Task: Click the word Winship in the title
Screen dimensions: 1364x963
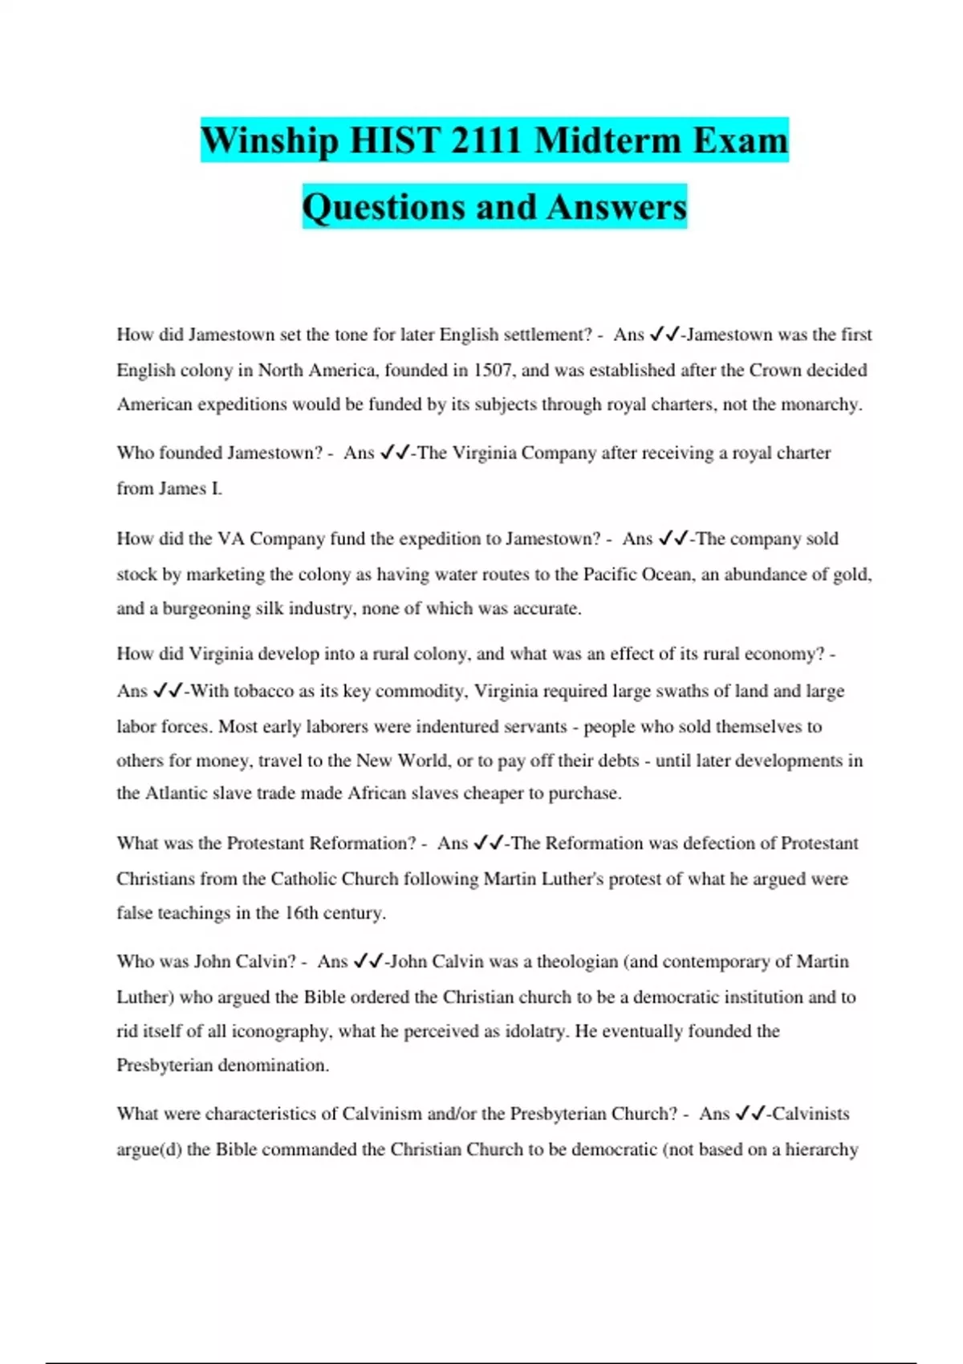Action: pyautogui.click(x=270, y=140)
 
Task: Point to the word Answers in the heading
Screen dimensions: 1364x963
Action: pyautogui.click(x=617, y=207)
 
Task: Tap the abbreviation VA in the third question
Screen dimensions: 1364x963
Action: pyautogui.click(x=230, y=538)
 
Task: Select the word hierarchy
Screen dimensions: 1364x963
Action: pyautogui.click(x=821, y=1150)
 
